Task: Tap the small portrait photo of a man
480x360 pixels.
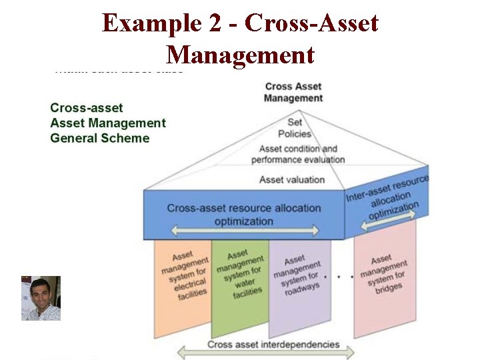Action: [41, 298]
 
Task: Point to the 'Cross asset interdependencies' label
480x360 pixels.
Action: [273, 345]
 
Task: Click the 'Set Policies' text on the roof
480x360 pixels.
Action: [294, 128]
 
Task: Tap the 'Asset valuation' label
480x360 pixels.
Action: [292, 179]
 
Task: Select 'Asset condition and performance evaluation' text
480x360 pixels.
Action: [298, 154]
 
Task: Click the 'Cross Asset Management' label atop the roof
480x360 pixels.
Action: [293, 92]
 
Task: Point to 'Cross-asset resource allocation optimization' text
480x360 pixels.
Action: [243, 214]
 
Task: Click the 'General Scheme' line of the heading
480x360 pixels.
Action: [100, 139]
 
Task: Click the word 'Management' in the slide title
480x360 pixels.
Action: [240, 53]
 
